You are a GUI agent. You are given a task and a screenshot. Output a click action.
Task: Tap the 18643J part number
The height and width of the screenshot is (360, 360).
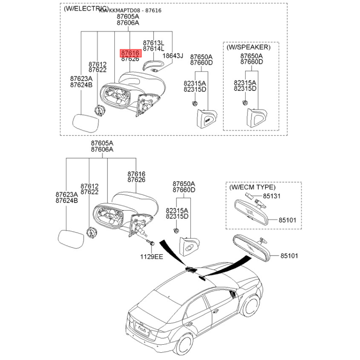173,56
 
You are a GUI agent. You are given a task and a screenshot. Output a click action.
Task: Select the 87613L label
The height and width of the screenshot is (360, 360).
153,42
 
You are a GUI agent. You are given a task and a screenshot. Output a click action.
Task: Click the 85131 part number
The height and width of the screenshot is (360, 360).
271,196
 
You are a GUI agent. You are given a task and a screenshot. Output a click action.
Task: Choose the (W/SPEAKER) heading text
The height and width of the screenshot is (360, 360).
248,47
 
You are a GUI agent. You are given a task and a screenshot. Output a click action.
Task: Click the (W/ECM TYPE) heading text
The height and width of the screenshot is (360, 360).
252,187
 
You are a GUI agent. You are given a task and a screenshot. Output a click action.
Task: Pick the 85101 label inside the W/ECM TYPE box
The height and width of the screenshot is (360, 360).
287,220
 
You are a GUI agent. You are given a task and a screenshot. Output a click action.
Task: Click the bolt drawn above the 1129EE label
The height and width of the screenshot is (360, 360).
151,243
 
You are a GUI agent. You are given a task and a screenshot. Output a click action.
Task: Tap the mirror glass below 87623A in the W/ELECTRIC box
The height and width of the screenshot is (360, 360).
86,122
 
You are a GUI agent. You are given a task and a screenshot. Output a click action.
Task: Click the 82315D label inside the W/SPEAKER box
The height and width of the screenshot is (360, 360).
245,89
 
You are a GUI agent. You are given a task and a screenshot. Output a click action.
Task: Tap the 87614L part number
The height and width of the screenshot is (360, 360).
153,48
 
